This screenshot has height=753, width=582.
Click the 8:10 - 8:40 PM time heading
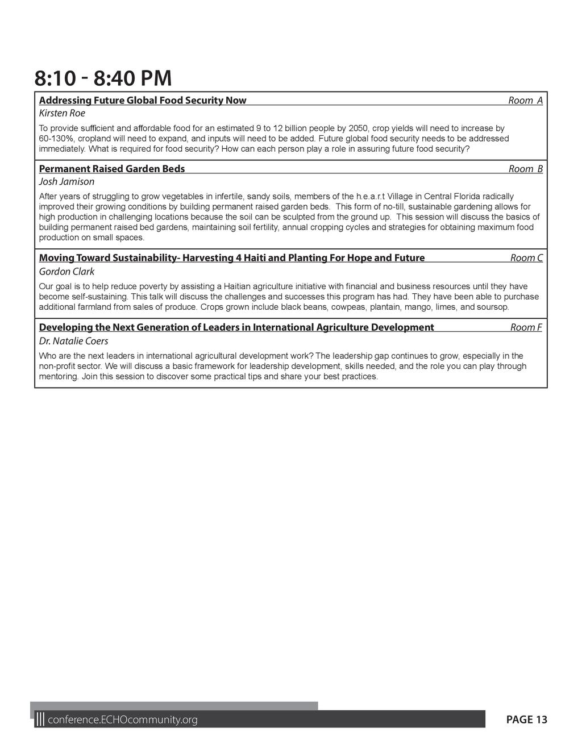click(103, 78)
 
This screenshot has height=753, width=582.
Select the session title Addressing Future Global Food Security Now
click(143, 101)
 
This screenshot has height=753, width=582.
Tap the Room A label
click(525, 101)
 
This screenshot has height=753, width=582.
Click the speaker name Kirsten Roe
click(62, 113)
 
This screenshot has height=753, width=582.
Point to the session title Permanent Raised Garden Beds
click(112, 169)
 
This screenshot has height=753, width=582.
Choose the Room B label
click(525, 169)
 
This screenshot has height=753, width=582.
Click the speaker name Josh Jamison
click(66, 182)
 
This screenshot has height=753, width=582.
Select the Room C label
click(526, 258)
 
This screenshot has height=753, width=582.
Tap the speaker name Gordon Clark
click(66, 272)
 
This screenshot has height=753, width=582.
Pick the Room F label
click(526, 327)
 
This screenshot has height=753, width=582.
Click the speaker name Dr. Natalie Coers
click(73, 341)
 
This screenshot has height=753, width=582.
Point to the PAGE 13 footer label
click(526, 720)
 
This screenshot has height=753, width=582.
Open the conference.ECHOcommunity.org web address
click(122, 720)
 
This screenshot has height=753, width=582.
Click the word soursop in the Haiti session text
click(493, 307)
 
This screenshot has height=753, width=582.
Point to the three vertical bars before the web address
click(40, 720)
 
